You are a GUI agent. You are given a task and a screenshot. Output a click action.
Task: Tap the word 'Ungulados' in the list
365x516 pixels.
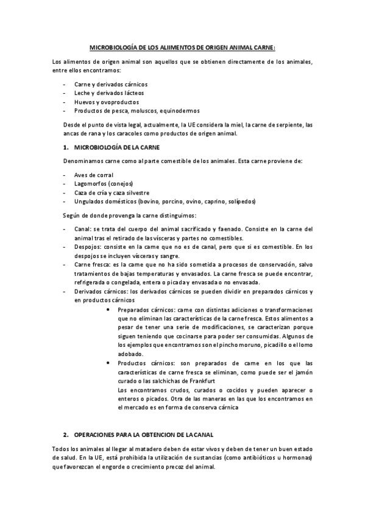tap(90, 201)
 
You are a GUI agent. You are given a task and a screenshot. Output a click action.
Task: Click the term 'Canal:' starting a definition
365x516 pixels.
tap(83, 229)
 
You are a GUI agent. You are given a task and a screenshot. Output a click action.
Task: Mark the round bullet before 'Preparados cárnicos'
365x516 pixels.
tap(108, 309)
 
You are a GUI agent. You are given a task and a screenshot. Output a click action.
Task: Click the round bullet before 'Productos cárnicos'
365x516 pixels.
tap(108, 363)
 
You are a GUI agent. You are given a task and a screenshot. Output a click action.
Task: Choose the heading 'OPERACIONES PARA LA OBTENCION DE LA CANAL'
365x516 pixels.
tap(143, 436)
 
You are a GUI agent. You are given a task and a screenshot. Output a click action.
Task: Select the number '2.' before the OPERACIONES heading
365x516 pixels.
tap(66, 436)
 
